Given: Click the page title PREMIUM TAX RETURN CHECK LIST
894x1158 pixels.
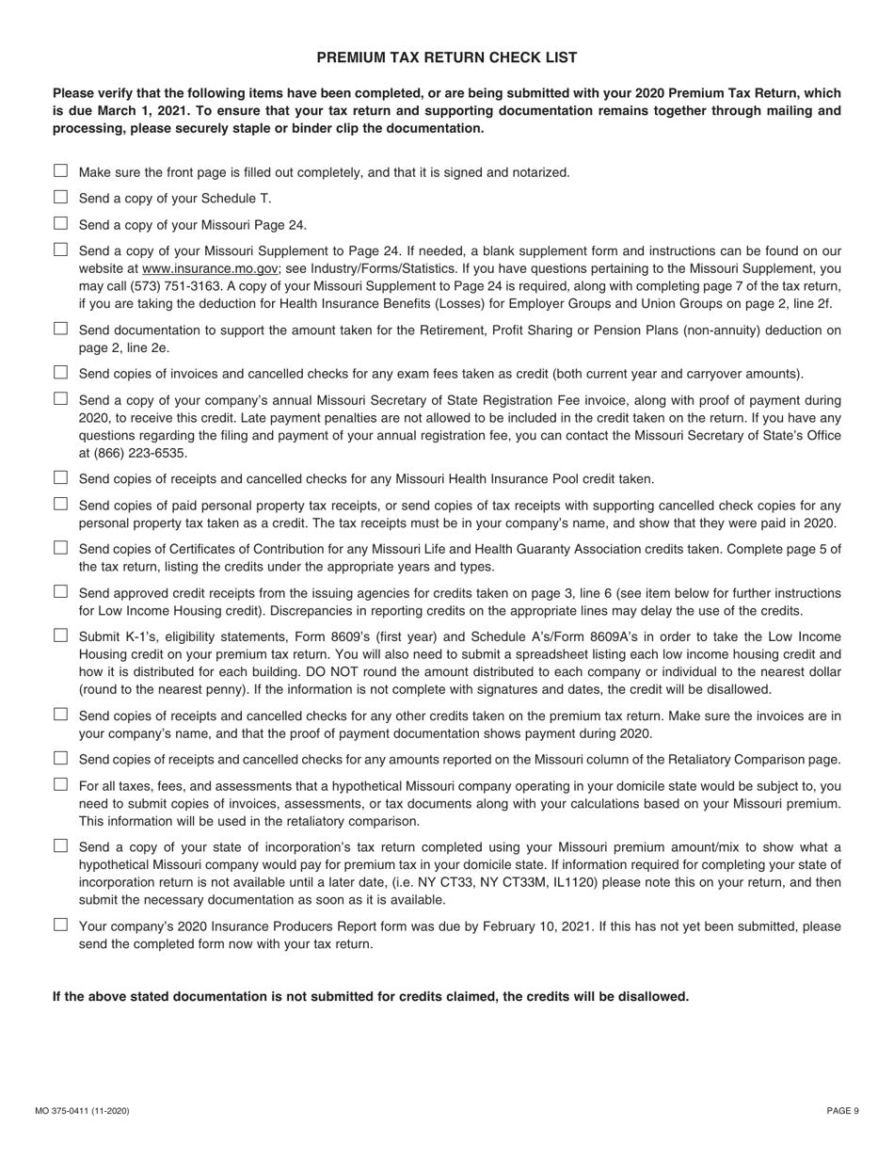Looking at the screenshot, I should [446, 57].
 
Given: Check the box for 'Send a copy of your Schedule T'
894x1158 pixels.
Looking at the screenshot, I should [61, 197].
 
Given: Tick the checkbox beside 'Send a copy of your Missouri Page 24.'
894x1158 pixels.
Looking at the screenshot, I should [61, 223].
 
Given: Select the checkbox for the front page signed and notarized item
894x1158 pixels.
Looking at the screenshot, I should [61, 170].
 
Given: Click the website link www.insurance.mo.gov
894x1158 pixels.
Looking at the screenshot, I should [210, 268].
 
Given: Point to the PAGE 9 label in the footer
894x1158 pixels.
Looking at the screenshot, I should [842, 1111].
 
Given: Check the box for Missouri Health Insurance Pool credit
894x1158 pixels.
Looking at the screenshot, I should [61, 477].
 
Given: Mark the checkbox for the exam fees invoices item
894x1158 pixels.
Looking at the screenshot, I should [61, 372].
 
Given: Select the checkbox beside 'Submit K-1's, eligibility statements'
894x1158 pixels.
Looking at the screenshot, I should [61, 635].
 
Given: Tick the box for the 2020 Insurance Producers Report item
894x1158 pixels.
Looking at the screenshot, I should [61, 925].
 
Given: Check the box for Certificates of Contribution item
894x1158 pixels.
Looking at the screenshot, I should [61, 547].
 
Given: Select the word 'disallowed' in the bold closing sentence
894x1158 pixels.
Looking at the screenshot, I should [654, 996].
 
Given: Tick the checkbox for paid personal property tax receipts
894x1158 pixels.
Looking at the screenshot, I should [61, 504].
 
